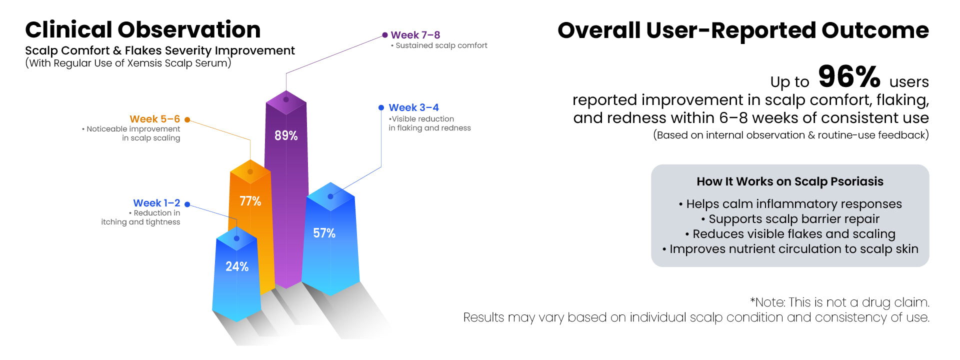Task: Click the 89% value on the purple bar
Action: pos(286,135)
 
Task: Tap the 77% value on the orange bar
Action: pos(250,201)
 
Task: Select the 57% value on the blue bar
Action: pos(324,233)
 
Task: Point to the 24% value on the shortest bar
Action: pos(237,266)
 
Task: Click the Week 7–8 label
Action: pos(415,35)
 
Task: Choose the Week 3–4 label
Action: pos(414,107)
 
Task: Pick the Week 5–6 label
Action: pos(155,119)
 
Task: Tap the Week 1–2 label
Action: pos(156,203)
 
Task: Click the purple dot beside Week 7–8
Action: pos(385,35)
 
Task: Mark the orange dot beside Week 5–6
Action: pos(187,119)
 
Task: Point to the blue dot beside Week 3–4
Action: pos(381,107)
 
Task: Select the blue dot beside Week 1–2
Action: pos(187,204)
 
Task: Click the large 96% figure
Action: pos(849,76)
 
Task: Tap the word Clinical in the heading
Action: pos(69,30)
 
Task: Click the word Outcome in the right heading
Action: pos(875,30)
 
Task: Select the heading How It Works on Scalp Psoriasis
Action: pos(790,181)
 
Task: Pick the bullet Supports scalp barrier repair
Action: pos(790,219)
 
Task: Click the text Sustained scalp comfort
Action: pos(441,45)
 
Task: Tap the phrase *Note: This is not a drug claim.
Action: pos(840,302)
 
